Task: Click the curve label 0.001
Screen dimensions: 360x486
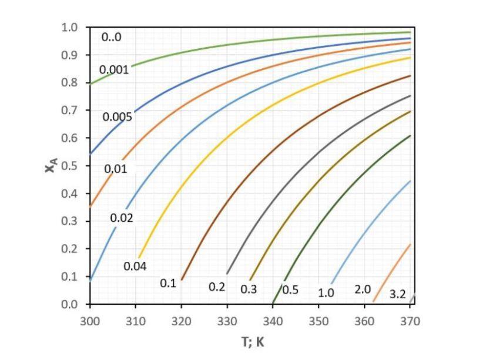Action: [114, 69]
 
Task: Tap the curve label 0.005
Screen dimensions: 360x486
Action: [118, 117]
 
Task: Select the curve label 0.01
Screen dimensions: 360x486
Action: [116, 169]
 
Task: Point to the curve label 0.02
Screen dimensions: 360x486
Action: [122, 218]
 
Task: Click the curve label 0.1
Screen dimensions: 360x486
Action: [168, 284]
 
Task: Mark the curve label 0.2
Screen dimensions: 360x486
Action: [217, 287]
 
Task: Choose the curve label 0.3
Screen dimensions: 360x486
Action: [249, 289]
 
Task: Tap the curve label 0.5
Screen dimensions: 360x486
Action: [290, 290]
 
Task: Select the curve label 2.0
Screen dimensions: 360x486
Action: [363, 289]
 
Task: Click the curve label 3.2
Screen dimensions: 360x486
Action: [398, 294]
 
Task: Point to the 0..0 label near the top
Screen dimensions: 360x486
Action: [111, 37]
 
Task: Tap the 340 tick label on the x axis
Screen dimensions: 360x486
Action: [273, 321]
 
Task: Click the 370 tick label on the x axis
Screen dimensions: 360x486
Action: [410, 321]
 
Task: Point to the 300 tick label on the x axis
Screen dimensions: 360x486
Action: [90, 321]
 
